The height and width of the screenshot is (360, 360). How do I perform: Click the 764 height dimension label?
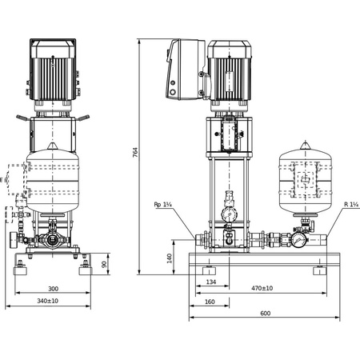(x=135, y=152)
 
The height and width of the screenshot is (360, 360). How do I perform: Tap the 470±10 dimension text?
(x=261, y=288)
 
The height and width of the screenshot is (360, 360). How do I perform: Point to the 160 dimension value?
(x=210, y=301)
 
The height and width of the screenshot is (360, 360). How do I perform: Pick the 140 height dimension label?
(x=170, y=258)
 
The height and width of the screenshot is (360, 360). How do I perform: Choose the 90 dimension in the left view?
(x=103, y=264)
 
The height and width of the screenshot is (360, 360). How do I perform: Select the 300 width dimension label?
(x=53, y=288)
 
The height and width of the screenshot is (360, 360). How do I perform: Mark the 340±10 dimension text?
(x=54, y=301)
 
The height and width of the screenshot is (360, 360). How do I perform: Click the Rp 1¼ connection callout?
(x=163, y=205)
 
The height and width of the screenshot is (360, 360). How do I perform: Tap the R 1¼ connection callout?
(x=350, y=205)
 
